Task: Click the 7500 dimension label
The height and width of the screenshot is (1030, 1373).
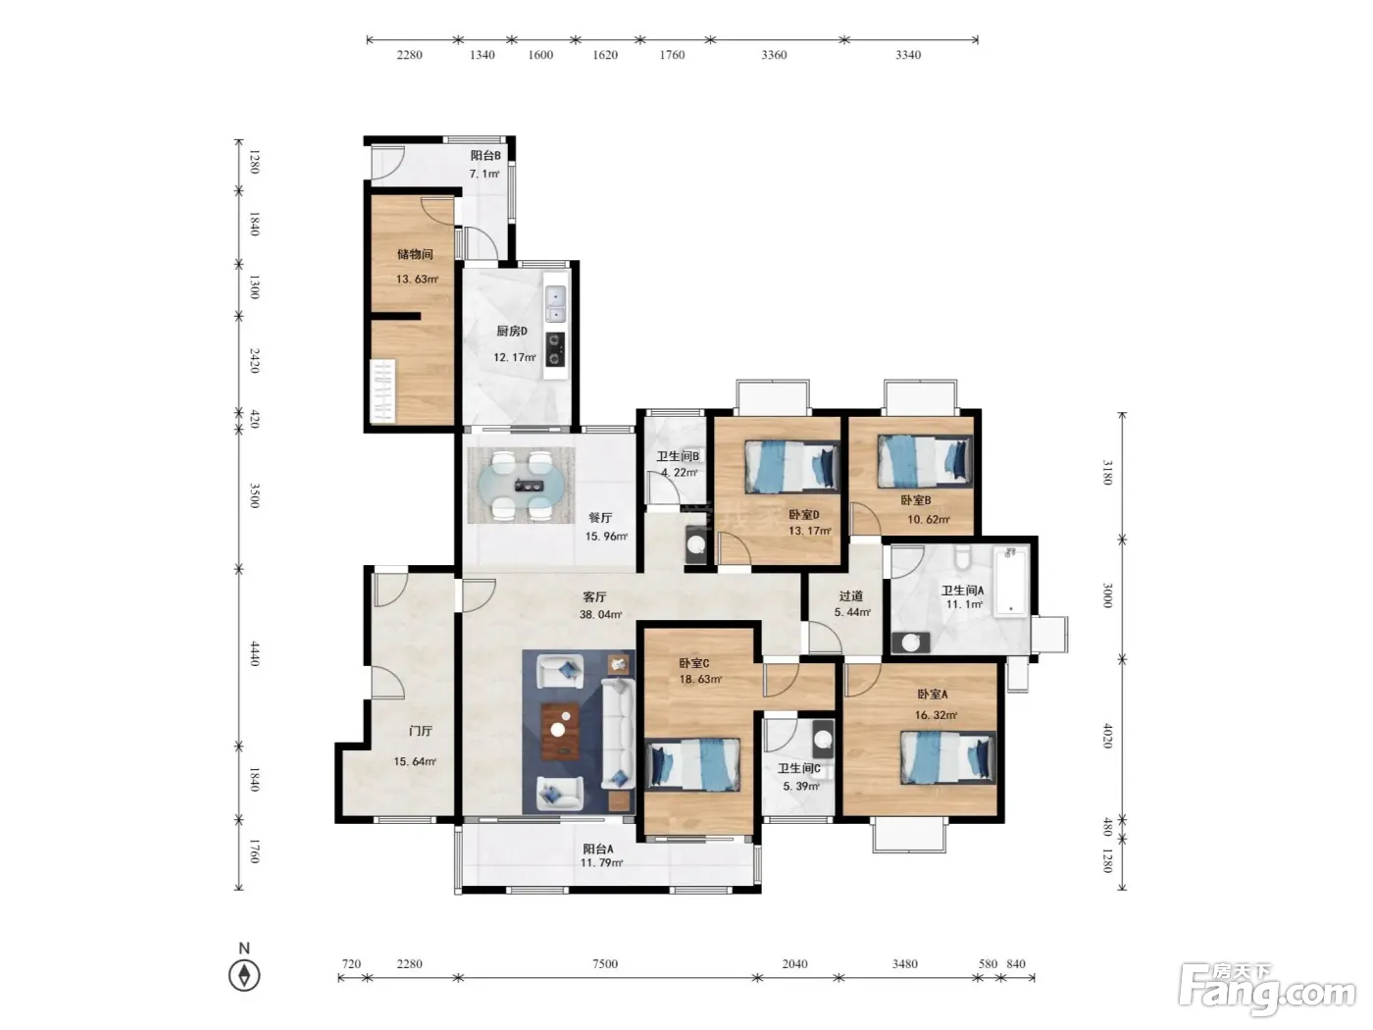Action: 605,963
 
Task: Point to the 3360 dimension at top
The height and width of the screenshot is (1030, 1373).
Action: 774,55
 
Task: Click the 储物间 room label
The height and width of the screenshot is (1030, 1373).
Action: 415,254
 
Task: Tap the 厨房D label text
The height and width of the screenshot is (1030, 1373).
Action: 512,331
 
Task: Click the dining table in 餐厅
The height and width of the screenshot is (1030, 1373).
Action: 521,486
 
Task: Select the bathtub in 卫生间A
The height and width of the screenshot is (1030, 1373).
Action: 1011,581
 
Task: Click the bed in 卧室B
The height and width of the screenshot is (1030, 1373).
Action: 925,461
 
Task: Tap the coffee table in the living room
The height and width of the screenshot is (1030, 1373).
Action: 560,731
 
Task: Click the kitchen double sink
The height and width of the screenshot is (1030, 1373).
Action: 555,303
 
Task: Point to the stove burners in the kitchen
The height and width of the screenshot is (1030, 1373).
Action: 555,349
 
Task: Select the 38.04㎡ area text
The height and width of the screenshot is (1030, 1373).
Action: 600,614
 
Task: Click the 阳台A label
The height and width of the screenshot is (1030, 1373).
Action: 598,849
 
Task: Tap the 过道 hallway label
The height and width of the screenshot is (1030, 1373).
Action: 850,596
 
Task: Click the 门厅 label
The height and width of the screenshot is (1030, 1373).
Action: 421,731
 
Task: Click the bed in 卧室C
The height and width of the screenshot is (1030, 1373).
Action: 692,765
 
